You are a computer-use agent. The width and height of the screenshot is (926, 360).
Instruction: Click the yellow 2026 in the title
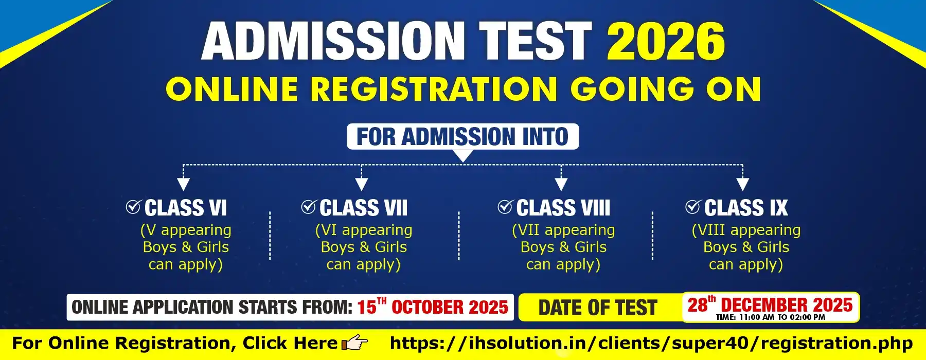(666, 41)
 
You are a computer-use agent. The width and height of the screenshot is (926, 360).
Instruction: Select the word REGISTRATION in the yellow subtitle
(434, 88)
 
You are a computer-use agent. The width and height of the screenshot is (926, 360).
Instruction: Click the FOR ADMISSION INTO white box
(462, 137)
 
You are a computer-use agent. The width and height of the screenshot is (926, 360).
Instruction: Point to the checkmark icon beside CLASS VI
(133, 207)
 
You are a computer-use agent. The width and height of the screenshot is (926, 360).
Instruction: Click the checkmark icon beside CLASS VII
(309, 207)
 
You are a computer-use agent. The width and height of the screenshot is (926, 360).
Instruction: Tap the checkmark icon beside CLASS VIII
(505, 207)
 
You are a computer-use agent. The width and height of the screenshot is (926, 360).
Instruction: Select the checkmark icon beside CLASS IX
(693, 207)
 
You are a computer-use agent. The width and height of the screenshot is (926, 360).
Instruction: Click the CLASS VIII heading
(563, 208)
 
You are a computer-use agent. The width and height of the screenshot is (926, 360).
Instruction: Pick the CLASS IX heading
(746, 208)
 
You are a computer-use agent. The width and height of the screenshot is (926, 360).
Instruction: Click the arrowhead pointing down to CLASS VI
(183, 184)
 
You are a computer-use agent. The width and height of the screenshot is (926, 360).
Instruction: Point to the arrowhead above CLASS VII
(362, 184)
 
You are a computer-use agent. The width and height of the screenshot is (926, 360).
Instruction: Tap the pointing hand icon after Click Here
(355, 343)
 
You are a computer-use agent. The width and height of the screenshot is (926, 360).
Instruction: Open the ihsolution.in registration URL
(651, 344)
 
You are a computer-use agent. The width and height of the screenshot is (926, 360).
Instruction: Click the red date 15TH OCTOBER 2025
(433, 307)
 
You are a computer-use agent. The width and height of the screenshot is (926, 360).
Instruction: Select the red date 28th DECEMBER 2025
(770, 304)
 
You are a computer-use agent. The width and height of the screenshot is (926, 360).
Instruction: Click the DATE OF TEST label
(598, 308)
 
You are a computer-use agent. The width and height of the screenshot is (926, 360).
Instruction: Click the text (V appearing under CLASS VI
(186, 230)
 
